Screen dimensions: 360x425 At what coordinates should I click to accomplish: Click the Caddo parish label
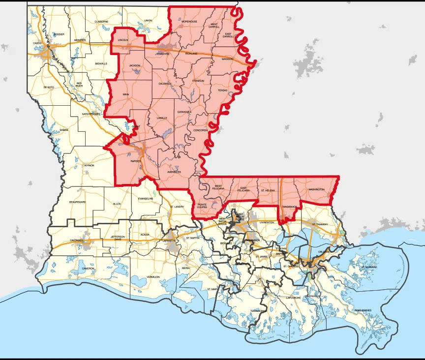click(37, 43)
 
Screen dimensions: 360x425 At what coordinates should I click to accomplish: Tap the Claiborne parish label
click(101, 22)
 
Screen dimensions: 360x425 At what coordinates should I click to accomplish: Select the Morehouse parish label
click(189, 22)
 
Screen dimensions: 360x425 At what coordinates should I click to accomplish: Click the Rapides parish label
click(136, 161)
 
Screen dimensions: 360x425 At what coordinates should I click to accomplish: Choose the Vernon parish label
click(89, 165)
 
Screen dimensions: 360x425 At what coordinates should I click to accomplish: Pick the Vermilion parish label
click(153, 277)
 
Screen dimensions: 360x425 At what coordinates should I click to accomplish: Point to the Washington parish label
click(316, 189)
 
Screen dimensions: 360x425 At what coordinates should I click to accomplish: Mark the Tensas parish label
click(223, 90)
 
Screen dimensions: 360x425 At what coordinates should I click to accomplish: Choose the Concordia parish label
click(201, 130)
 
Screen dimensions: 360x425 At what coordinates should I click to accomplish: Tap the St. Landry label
click(177, 207)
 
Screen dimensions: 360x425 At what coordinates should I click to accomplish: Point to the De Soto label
click(48, 87)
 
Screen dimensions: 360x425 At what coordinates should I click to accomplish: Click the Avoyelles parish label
click(174, 172)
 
